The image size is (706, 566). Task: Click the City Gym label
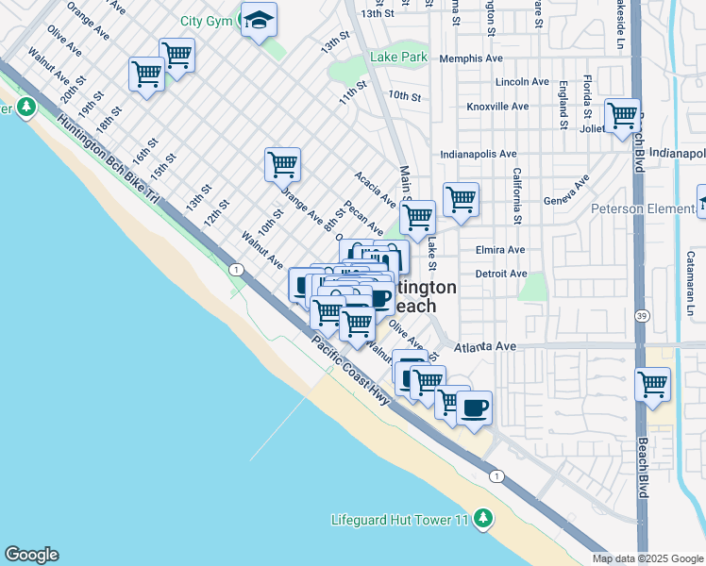tap(207, 21)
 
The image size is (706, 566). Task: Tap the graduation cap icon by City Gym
tap(258, 20)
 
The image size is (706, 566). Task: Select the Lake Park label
tap(399, 58)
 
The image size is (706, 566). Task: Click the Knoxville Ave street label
tap(498, 107)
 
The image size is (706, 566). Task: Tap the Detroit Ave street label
tap(501, 274)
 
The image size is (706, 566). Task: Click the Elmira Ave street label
tap(500, 251)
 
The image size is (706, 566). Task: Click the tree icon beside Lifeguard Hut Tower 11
tap(483, 518)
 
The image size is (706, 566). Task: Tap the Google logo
tap(31, 555)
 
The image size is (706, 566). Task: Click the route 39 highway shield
tap(642, 315)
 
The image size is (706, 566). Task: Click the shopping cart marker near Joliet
tap(622, 117)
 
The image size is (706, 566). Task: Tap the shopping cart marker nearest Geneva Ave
tap(461, 200)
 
